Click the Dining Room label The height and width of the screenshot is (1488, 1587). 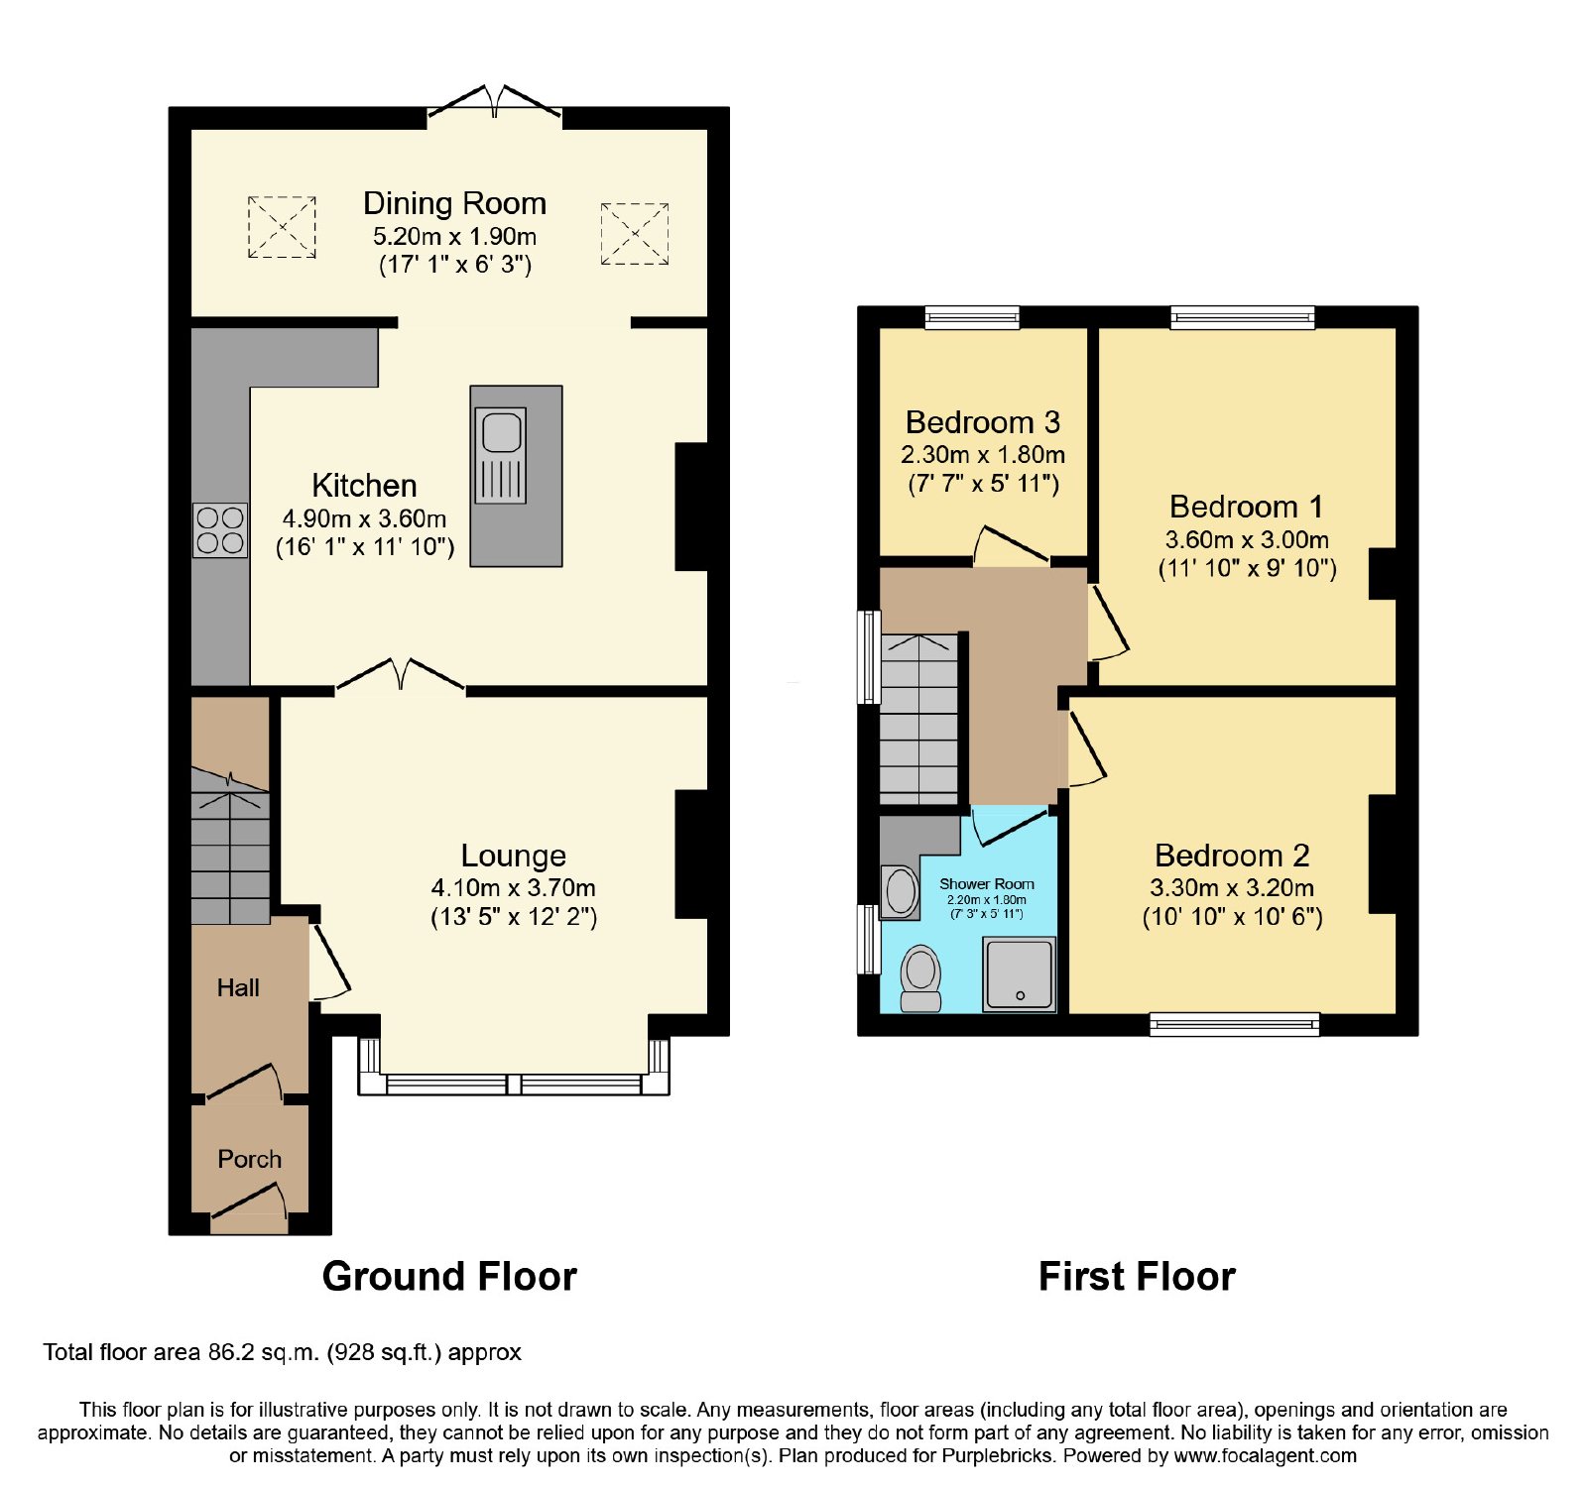pos(454,203)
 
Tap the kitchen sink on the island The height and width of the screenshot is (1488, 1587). pos(501,455)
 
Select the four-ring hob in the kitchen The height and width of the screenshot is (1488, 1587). pos(220,530)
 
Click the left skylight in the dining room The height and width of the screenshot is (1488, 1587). pos(282,227)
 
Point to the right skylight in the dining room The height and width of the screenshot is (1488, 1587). pos(635,234)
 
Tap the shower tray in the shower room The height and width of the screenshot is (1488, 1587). pos(1019,973)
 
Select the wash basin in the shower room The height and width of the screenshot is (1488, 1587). pos(901,891)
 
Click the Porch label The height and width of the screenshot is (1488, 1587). pos(250,1159)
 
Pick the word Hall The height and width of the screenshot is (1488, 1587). pos(238,987)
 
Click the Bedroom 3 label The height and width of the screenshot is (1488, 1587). pos(983,422)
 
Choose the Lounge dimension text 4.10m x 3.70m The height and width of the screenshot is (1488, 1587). pos(514,888)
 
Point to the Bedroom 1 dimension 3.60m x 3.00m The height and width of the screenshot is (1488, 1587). pos(1247,540)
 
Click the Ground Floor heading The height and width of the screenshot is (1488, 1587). pos(449,1277)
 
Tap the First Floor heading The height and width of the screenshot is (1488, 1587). pos(1137,1277)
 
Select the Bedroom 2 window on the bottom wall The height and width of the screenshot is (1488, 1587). pos(1235,1024)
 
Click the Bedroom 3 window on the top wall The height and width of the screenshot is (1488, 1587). pos(972,317)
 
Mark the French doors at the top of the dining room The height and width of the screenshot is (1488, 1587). pos(494,106)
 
